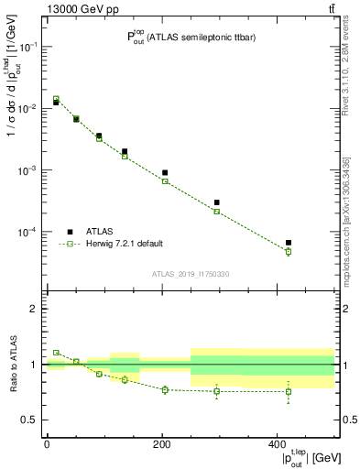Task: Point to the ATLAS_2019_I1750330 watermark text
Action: (x=190, y=273)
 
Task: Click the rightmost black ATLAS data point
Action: (x=289, y=243)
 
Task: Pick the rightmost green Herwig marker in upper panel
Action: (x=289, y=251)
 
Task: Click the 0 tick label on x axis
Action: (x=47, y=443)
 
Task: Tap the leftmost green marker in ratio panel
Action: (x=56, y=352)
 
